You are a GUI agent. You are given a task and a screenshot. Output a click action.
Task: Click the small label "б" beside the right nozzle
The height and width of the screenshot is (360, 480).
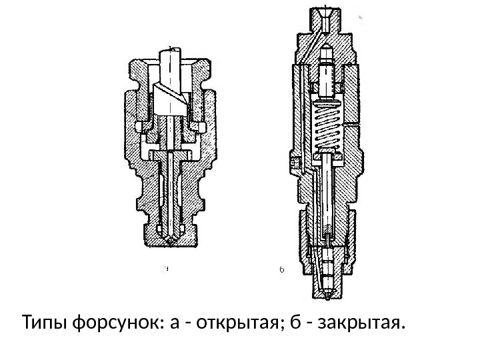pyautogui.click(x=281, y=270)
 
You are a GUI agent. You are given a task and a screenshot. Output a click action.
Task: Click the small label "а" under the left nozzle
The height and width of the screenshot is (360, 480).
pyautogui.click(x=167, y=269)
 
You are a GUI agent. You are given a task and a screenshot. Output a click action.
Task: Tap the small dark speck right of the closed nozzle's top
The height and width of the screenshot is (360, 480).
pyautogui.click(x=361, y=17)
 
